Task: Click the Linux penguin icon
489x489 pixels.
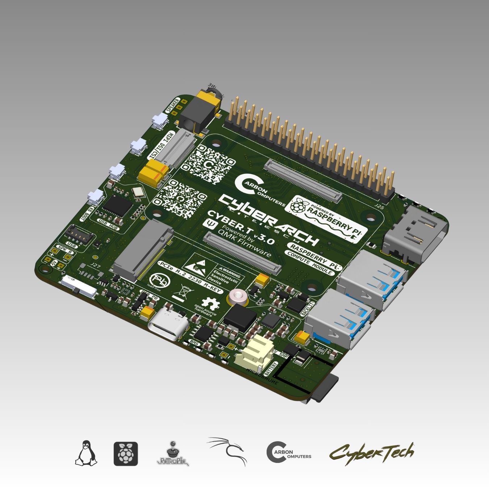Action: (x=86, y=453)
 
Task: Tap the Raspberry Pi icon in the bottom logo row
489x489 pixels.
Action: (x=126, y=454)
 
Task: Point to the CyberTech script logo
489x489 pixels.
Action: (x=371, y=452)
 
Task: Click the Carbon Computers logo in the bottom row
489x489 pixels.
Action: (x=289, y=452)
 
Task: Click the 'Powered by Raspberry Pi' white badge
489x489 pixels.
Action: (x=326, y=220)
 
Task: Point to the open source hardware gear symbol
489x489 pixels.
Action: (x=209, y=303)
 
